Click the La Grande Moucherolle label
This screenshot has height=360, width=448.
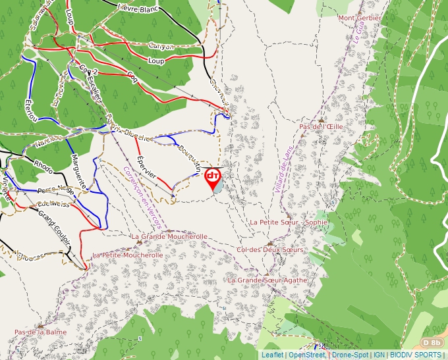point(169,236)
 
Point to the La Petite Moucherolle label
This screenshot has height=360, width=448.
point(127,255)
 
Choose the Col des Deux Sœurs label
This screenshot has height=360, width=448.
point(270,250)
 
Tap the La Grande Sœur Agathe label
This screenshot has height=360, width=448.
point(267,280)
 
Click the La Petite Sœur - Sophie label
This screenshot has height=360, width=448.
point(289,222)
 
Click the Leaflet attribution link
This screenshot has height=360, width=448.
point(272,355)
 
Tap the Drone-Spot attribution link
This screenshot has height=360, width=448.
point(350,355)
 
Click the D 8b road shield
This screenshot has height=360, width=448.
point(432,343)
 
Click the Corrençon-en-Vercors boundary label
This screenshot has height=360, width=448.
point(142,198)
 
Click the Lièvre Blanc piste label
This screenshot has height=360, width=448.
point(137,9)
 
